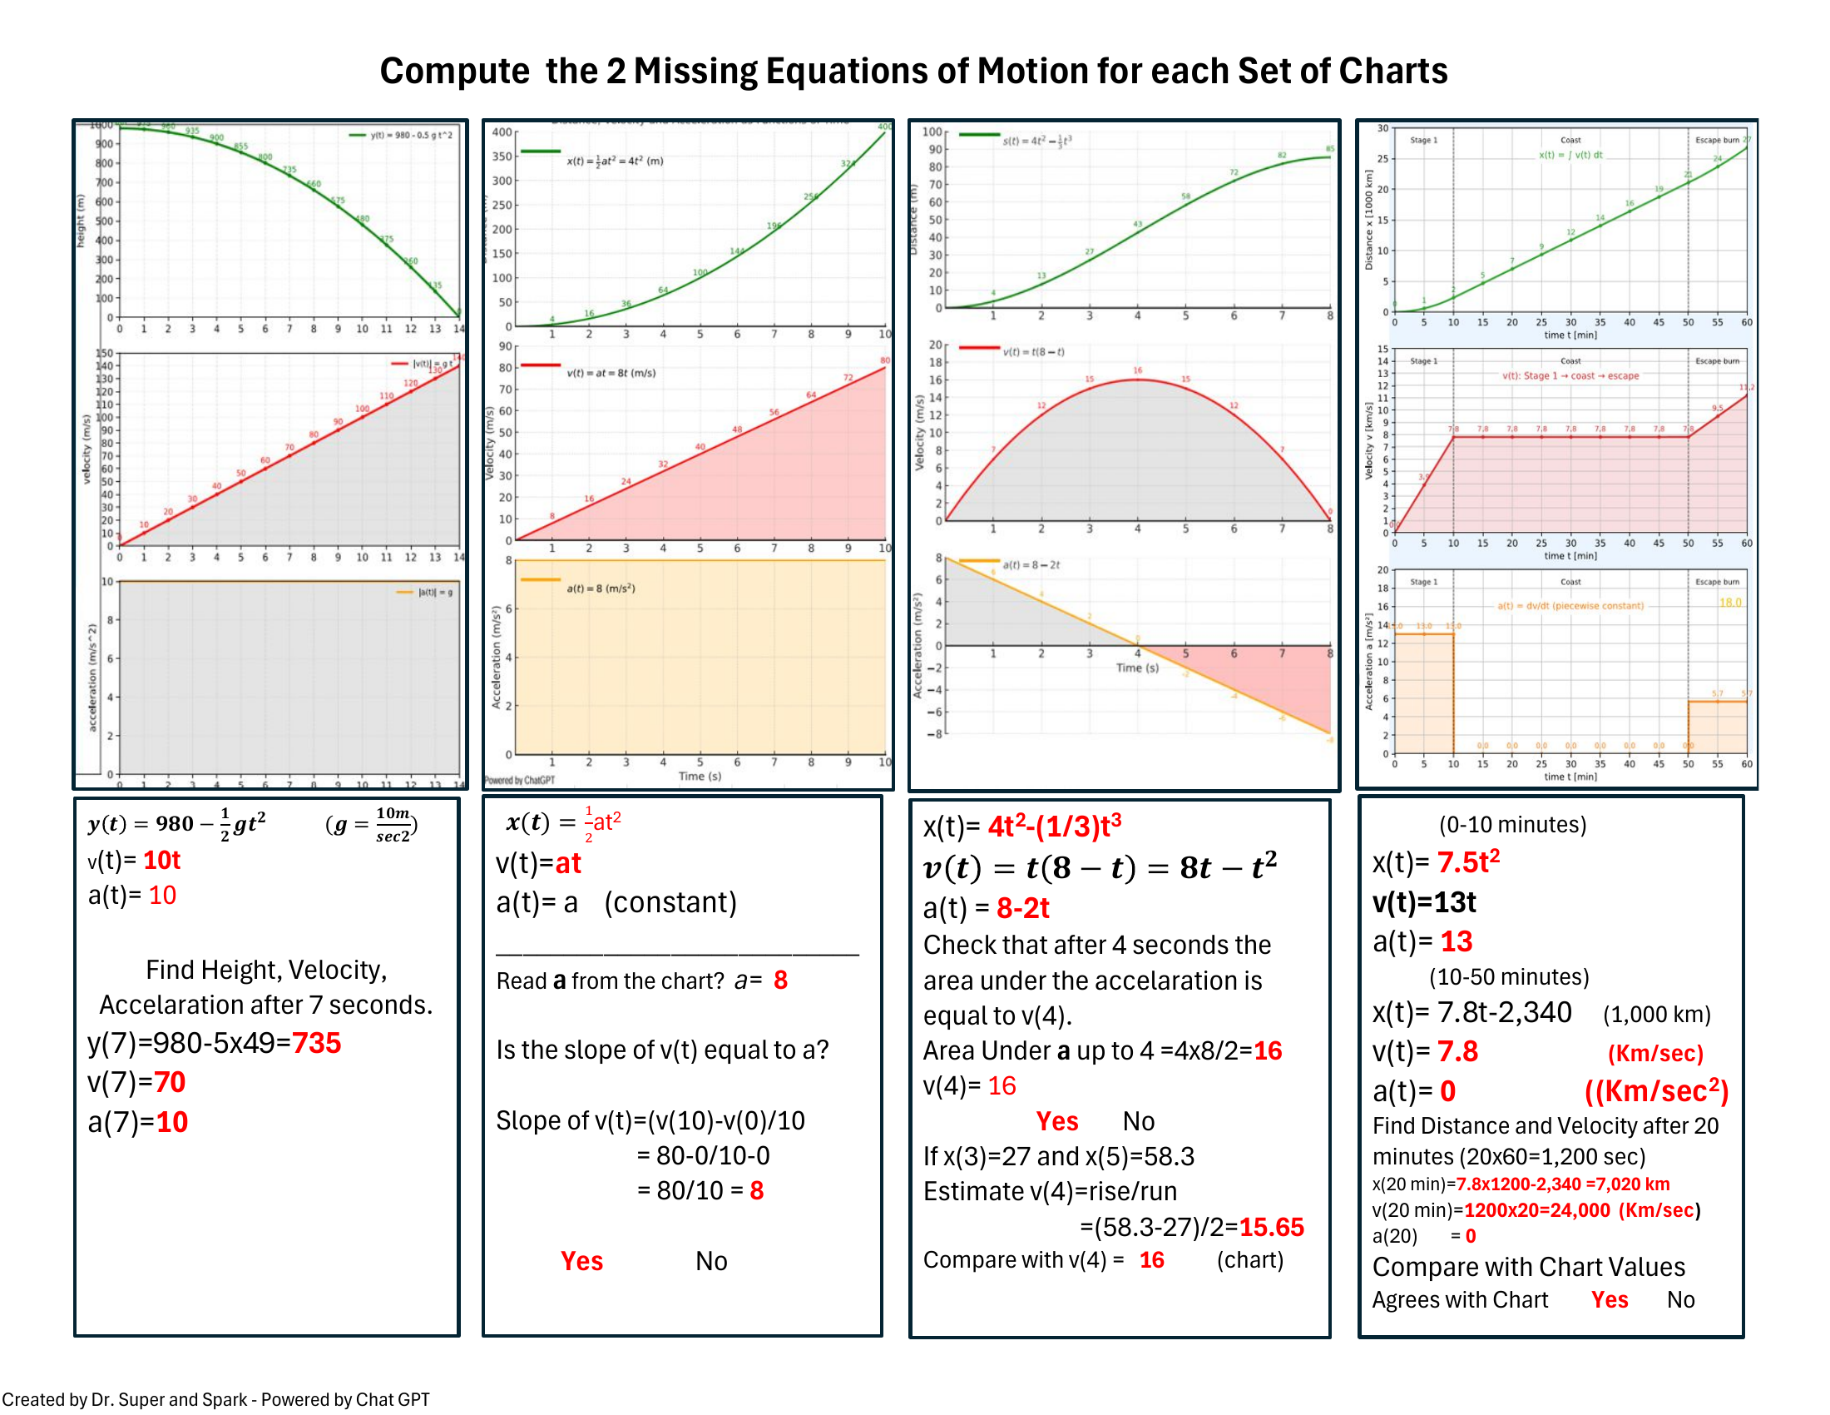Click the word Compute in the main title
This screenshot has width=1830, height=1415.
[454, 72]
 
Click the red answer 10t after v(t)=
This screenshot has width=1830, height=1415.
[161, 860]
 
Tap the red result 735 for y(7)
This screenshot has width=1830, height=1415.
[316, 1043]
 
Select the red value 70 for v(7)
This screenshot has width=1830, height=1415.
[169, 1082]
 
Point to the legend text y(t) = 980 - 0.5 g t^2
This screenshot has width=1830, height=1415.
[411, 135]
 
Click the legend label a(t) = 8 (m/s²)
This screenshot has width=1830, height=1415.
[601, 588]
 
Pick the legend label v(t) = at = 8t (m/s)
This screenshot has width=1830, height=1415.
[611, 373]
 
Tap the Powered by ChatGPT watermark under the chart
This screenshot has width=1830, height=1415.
[520, 781]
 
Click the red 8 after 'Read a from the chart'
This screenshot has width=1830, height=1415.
[780, 980]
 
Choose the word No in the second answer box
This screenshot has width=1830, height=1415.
[710, 1261]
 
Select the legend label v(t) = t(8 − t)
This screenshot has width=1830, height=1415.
[1033, 352]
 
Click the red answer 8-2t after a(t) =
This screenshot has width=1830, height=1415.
[1022, 908]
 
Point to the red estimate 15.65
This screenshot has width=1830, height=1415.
[1271, 1227]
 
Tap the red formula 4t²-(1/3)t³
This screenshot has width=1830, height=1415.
[1054, 827]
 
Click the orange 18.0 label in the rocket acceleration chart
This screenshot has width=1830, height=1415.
[1729, 603]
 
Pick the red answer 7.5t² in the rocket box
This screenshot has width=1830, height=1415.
[1468, 861]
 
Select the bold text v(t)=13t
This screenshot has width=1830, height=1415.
[1423, 902]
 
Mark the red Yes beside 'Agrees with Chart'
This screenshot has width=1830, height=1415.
[1609, 1299]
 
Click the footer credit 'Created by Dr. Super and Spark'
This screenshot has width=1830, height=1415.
[126, 1399]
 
